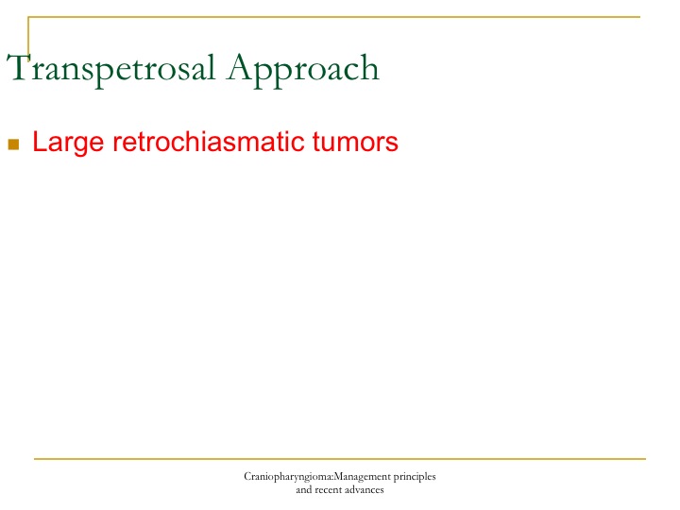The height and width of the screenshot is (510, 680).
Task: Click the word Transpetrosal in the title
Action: (x=111, y=69)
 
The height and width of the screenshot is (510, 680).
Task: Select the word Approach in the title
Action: (x=303, y=70)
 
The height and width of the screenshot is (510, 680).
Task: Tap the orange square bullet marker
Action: (x=13, y=144)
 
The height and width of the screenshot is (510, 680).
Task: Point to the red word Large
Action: (x=68, y=143)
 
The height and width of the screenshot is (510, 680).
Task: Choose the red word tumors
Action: (x=355, y=142)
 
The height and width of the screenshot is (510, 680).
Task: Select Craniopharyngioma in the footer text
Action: (x=287, y=477)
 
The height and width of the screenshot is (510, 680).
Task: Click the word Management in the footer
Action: (x=362, y=477)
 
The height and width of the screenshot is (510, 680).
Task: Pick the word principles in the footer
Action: (x=415, y=477)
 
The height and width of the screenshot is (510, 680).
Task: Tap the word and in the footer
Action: (x=303, y=490)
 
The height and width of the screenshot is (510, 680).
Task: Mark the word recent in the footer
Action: (x=328, y=490)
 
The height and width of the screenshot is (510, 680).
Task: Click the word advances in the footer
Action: (x=365, y=490)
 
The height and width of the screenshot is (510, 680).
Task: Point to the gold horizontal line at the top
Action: (x=334, y=17)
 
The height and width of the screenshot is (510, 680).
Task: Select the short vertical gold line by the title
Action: (x=28, y=37)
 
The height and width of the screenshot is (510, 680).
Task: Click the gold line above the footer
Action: (x=340, y=458)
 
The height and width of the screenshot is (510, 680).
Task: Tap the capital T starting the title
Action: (x=19, y=67)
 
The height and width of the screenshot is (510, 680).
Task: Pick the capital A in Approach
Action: (x=241, y=67)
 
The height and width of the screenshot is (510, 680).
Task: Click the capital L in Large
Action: (x=39, y=142)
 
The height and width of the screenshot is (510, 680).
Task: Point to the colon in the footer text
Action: (x=332, y=478)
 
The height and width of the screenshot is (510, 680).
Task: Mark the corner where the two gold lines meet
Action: (x=28, y=17)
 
